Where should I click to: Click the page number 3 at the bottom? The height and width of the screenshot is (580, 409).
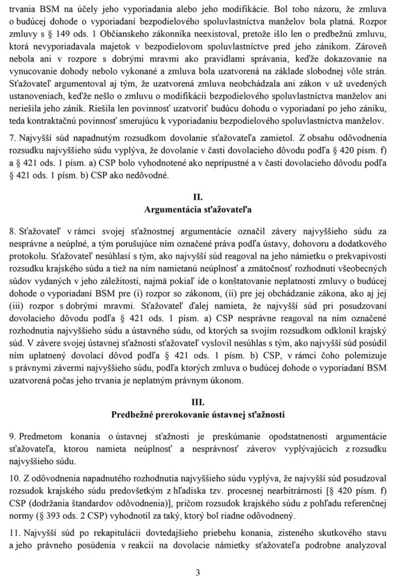point(198,572)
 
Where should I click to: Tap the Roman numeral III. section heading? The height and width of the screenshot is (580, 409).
point(198,402)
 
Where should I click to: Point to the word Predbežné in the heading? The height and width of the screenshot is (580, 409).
point(138,413)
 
